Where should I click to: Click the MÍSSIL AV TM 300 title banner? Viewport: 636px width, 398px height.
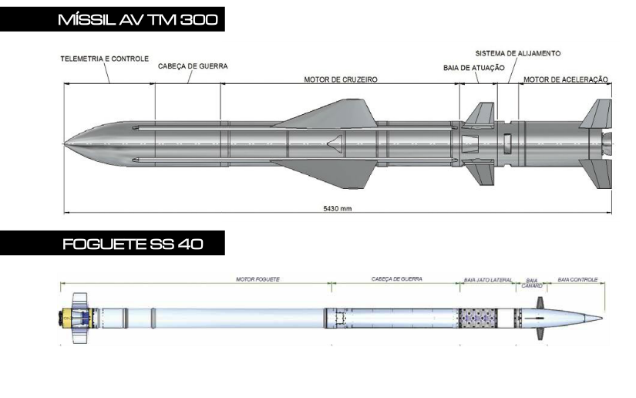(113, 19)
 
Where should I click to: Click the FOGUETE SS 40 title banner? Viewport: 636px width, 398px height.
(113, 243)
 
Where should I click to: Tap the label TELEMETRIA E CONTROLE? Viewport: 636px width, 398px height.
(105, 59)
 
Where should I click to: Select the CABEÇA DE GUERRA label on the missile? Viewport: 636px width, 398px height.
(193, 66)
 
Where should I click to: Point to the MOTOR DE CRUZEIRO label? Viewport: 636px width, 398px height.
(341, 79)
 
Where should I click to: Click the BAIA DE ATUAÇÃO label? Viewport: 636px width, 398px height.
(474, 68)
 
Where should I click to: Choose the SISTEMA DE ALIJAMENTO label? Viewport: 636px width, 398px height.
(518, 53)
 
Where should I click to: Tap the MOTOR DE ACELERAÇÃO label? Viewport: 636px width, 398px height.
(566, 79)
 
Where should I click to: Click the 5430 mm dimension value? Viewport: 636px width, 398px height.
(338, 208)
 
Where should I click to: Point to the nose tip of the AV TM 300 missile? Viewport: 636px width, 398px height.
(65, 143)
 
